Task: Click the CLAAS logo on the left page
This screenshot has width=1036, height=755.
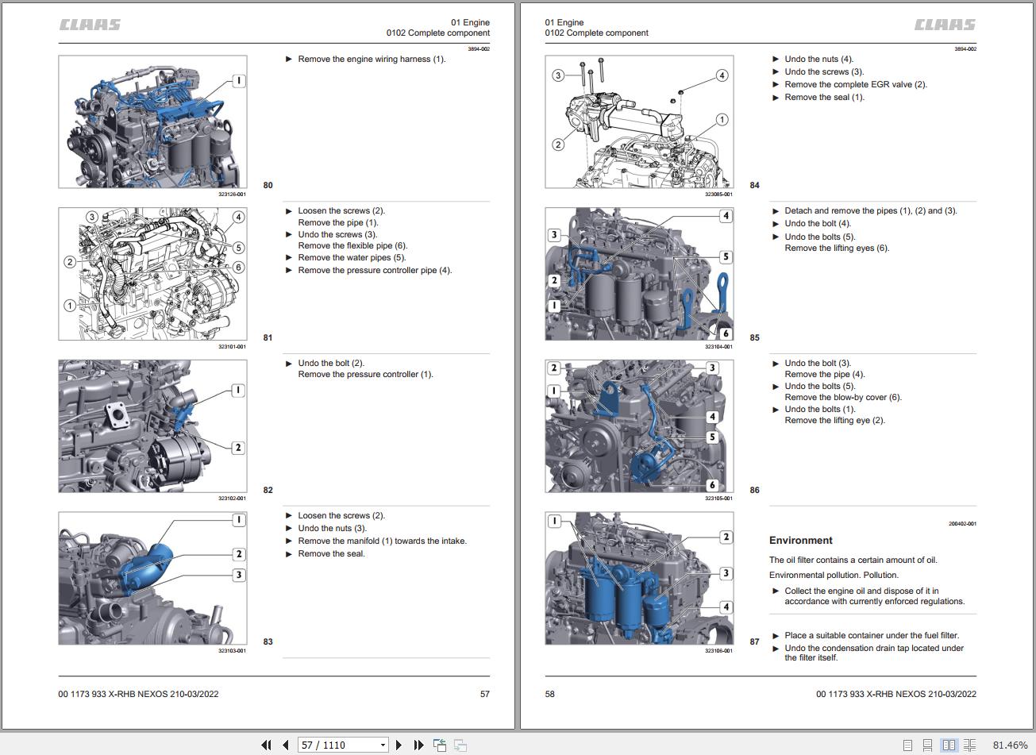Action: point(91,25)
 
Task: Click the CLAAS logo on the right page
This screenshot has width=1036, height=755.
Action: point(945,25)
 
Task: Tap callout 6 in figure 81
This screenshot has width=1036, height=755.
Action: point(238,267)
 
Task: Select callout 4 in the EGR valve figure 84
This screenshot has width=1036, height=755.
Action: point(722,75)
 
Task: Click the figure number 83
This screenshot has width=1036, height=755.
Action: point(268,641)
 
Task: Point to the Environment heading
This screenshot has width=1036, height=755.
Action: point(800,541)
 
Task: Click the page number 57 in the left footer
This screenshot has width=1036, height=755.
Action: point(485,694)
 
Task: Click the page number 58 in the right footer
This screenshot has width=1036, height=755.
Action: point(549,694)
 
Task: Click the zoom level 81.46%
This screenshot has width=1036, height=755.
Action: point(1010,745)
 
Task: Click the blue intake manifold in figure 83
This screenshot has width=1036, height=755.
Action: point(146,568)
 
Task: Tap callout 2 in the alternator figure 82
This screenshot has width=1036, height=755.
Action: point(238,447)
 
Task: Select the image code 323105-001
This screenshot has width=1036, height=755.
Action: point(718,499)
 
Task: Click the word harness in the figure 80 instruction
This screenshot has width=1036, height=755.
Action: point(414,60)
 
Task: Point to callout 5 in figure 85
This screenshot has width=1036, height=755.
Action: point(726,256)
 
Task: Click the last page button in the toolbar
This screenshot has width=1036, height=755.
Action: point(418,745)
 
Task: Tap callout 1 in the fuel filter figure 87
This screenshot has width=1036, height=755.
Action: point(554,522)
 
